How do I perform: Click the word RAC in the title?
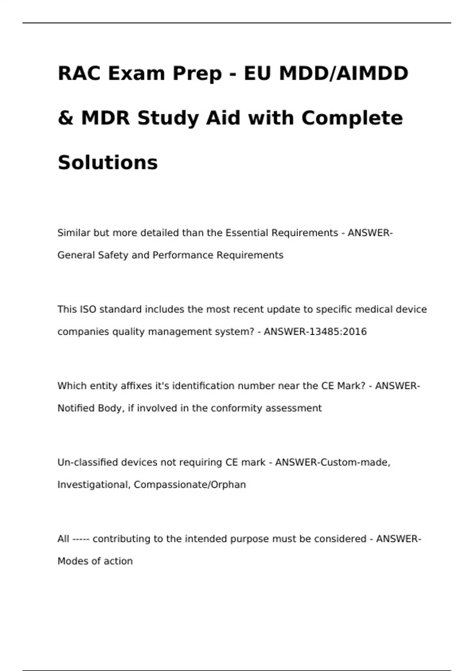79,73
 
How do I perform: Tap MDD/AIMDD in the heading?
344,73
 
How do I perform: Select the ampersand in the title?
65,118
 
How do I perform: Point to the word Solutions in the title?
107,163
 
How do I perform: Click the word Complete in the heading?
352,118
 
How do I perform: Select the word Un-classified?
87,462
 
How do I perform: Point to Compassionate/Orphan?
190,485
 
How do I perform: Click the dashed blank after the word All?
81,539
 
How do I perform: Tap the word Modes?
70,561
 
